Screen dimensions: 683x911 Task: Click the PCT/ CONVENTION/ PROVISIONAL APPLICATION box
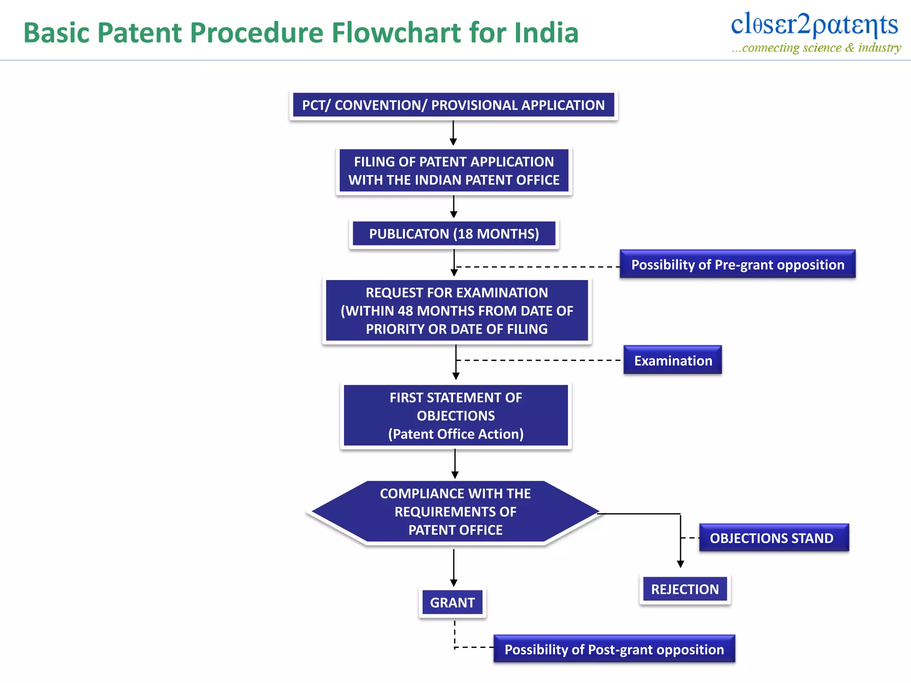(453, 105)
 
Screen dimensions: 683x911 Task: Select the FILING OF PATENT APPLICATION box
(454, 171)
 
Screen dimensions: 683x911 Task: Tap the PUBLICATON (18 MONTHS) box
(454, 234)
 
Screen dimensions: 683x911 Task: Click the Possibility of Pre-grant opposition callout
(738, 265)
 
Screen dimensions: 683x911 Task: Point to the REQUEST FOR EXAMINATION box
(456, 311)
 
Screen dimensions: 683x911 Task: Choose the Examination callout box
(673, 361)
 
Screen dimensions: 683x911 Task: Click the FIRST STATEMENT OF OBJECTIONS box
(455, 416)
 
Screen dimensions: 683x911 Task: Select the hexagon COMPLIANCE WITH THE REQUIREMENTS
(455, 512)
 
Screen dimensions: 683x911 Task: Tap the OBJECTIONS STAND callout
(774, 538)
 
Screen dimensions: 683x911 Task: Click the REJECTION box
(685, 589)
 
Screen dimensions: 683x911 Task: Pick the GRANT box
(452, 603)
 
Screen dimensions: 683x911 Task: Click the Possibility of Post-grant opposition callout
(614, 650)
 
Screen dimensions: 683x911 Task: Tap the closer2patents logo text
(814, 24)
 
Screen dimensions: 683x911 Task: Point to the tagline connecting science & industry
(817, 48)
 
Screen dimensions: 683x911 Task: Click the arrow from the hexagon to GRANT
(454, 567)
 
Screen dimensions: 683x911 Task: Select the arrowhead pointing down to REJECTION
(680, 564)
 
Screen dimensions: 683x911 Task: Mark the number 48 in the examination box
(405, 311)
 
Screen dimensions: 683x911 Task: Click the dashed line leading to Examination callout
(538, 360)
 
